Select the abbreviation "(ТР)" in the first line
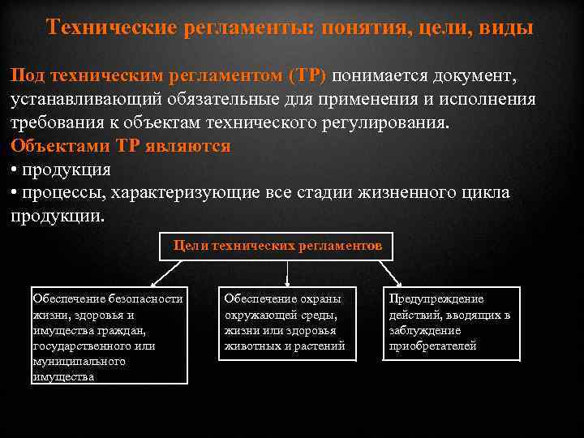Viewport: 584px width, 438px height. pyautogui.click(x=307, y=75)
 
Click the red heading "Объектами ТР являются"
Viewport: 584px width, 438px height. pyautogui.click(x=121, y=147)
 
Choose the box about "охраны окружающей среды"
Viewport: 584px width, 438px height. pyautogui.click(x=286, y=323)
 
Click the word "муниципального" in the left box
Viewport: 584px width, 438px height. pyautogui.click(x=79, y=361)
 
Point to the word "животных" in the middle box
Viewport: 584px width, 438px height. pyautogui.click(x=251, y=346)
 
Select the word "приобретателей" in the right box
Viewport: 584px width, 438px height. pyautogui.click(x=432, y=346)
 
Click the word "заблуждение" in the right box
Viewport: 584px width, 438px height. pyautogui.click(x=424, y=330)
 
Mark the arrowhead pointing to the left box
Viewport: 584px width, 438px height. pyautogui.click(x=109, y=280)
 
